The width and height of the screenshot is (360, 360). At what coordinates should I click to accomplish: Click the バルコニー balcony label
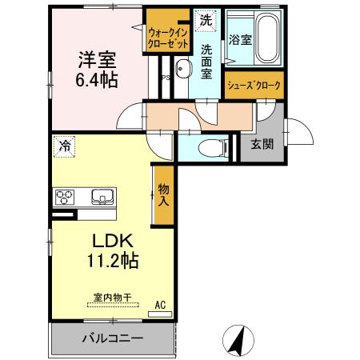112,338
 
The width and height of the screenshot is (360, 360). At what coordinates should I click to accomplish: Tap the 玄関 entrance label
261,145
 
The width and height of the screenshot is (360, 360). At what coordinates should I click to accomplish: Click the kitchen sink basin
102,196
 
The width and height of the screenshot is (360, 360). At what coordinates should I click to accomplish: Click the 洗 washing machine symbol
206,19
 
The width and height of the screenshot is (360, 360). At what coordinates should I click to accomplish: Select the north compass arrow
237,340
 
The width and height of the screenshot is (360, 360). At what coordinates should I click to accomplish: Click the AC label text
159,304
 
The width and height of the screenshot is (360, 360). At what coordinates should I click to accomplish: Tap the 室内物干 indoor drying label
111,296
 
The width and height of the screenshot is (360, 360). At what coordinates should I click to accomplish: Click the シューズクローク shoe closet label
254,85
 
